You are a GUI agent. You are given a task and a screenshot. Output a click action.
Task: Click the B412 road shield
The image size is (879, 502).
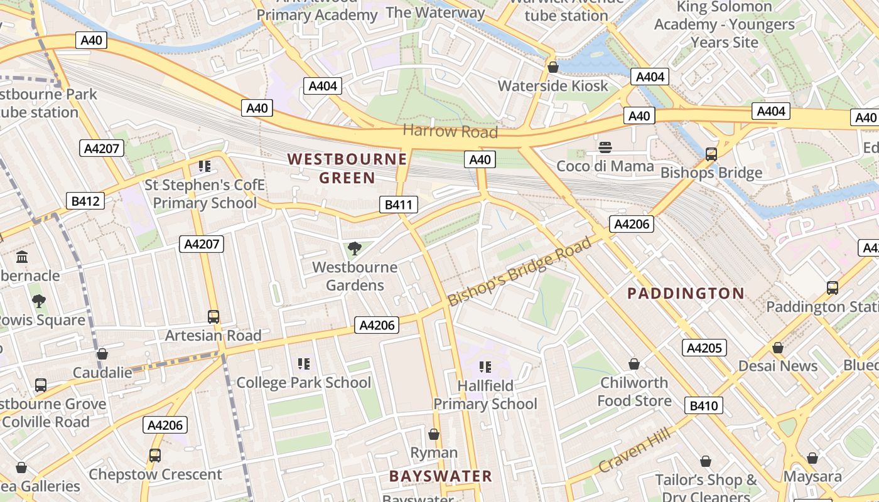[85, 201]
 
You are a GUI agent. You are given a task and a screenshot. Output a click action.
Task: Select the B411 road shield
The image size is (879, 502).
[398, 204]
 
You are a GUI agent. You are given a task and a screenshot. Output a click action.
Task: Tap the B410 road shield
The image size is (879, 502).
[703, 405]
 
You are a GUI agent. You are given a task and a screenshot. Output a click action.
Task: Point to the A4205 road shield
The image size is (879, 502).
[704, 348]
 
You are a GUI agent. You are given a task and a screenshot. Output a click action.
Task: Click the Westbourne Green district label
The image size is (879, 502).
[347, 168]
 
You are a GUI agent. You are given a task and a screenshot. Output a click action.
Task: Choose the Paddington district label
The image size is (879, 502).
[686, 293]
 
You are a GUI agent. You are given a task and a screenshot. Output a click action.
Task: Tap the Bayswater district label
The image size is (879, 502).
[440, 476]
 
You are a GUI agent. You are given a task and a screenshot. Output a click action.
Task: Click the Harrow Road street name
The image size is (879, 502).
[450, 131]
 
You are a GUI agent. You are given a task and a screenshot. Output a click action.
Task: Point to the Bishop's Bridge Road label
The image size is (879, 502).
[520, 272]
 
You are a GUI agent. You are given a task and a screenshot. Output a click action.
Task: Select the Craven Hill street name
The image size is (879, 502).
[634, 450]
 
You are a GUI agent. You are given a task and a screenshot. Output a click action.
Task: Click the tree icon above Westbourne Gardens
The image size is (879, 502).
[354, 248]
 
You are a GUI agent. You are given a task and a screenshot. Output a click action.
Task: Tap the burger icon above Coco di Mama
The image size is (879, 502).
[605, 148]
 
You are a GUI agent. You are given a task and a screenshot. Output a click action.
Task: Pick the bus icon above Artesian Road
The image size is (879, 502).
[213, 317]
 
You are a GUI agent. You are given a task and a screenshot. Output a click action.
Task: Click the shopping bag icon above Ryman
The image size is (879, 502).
[434, 434]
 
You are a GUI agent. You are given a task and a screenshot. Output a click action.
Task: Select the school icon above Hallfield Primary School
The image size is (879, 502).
[485, 367]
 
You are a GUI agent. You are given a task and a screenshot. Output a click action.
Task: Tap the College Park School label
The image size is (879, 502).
[304, 382]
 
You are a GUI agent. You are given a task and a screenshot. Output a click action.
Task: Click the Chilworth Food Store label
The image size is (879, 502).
[634, 392]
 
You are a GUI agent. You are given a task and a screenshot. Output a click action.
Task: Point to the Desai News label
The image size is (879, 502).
[777, 366]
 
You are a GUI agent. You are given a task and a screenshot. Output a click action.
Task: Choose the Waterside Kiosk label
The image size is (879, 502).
[553, 85]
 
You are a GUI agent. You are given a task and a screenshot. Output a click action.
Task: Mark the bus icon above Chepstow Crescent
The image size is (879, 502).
[155, 456]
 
